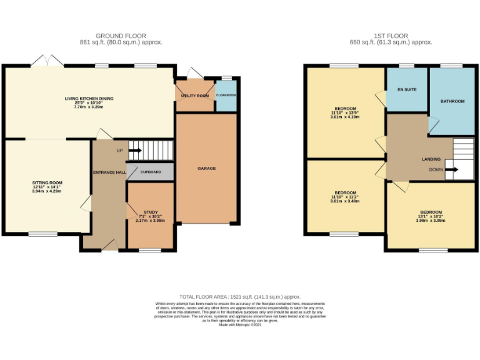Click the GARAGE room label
pos(207,169)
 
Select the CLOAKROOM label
pos(226,96)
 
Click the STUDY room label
pos(151,212)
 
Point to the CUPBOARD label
pos(151,172)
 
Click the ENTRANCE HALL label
pos(110,172)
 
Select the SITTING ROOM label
pos(48,183)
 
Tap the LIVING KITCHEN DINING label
pos(89,99)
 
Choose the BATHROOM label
pos(452,101)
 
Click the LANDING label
pos(431,159)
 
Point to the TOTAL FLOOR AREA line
pos(240,296)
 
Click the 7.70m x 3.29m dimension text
pos(89,107)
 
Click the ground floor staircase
pos(151,150)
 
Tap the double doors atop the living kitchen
pos(48,61)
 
